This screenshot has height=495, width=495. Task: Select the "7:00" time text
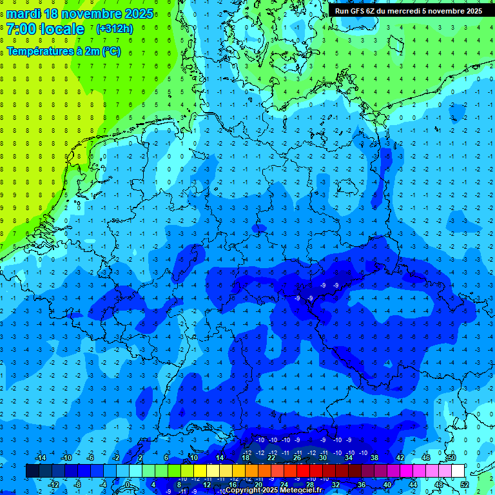click(x=21, y=29)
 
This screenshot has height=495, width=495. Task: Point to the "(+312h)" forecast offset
click(x=115, y=29)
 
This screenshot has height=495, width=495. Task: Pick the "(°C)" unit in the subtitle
click(x=110, y=52)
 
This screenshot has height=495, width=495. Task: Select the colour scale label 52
click(x=465, y=485)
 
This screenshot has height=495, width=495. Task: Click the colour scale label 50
click(x=451, y=458)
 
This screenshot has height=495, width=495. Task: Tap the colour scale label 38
click(x=374, y=458)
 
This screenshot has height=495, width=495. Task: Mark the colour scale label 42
click(x=400, y=458)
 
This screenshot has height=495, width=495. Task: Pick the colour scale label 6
click(x=166, y=458)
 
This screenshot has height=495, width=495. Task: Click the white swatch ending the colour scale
click(x=458, y=471)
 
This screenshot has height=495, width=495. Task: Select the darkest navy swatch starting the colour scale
click(x=32, y=471)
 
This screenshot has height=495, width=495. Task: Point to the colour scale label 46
click(x=426, y=458)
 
